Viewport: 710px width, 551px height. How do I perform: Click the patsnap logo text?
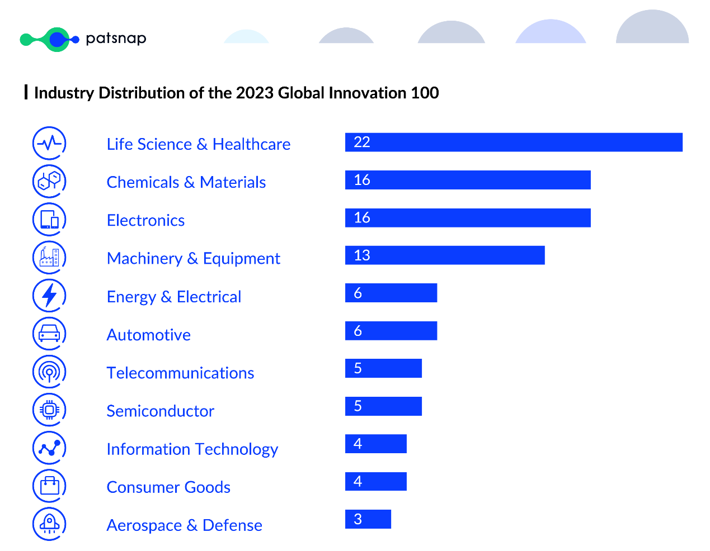tap(116, 39)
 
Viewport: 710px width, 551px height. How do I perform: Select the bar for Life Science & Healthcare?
tap(514, 142)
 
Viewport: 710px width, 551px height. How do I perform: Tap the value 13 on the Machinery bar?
tap(362, 255)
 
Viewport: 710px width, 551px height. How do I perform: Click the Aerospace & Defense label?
tap(184, 525)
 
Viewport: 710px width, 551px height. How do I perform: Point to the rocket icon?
tap(49, 524)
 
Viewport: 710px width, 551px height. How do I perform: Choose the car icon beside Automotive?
tap(49, 334)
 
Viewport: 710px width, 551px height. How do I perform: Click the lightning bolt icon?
tap(49, 296)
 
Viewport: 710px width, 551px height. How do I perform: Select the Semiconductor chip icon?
tap(49, 410)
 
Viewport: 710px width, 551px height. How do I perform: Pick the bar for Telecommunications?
tap(383, 368)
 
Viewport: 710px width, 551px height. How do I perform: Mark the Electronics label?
tap(145, 220)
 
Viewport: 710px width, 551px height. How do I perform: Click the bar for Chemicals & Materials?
tap(468, 180)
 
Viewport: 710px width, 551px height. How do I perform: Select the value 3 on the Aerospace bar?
tap(358, 519)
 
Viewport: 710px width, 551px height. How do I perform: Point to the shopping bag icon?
tap(49, 486)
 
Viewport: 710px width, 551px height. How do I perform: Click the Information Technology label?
tap(192, 449)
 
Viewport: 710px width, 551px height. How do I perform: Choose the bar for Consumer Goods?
tap(375, 481)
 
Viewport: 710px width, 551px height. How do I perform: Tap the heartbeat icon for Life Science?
tap(49, 143)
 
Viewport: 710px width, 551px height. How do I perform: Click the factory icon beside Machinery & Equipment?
tap(49, 258)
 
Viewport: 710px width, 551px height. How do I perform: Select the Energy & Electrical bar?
tap(391, 293)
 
